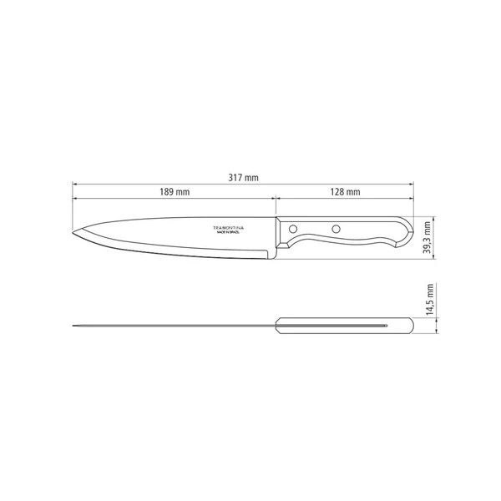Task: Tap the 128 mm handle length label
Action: (x=345, y=193)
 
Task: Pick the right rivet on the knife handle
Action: (x=335, y=228)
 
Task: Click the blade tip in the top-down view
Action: (x=74, y=325)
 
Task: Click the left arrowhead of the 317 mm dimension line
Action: (x=75, y=185)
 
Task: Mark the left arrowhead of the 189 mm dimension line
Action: (x=75, y=200)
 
